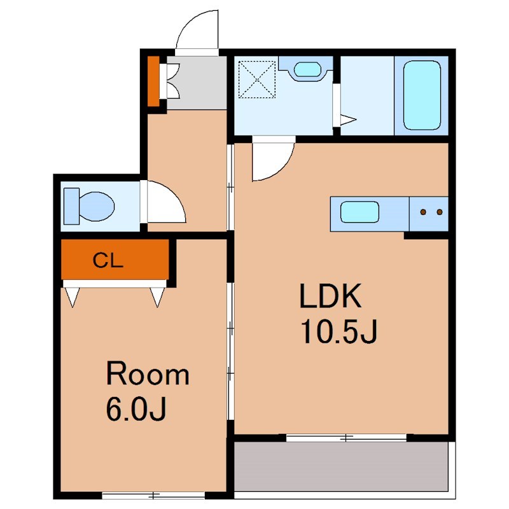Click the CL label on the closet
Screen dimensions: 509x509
click(x=108, y=260)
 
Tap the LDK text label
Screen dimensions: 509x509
click(x=330, y=296)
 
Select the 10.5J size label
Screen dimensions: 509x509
click(x=339, y=331)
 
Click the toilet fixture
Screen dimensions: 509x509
click(x=89, y=206)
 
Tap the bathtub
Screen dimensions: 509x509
click(x=422, y=95)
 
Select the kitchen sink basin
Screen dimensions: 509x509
click(x=359, y=212)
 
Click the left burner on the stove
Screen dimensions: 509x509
click(x=423, y=213)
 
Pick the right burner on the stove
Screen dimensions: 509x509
click(x=440, y=213)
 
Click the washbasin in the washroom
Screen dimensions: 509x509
click(x=307, y=69)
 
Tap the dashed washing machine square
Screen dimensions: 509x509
click(x=257, y=79)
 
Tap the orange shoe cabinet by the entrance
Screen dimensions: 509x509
click(x=153, y=81)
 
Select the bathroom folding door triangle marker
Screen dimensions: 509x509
click(x=348, y=120)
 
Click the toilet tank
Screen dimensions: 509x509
click(x=71, y=206)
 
